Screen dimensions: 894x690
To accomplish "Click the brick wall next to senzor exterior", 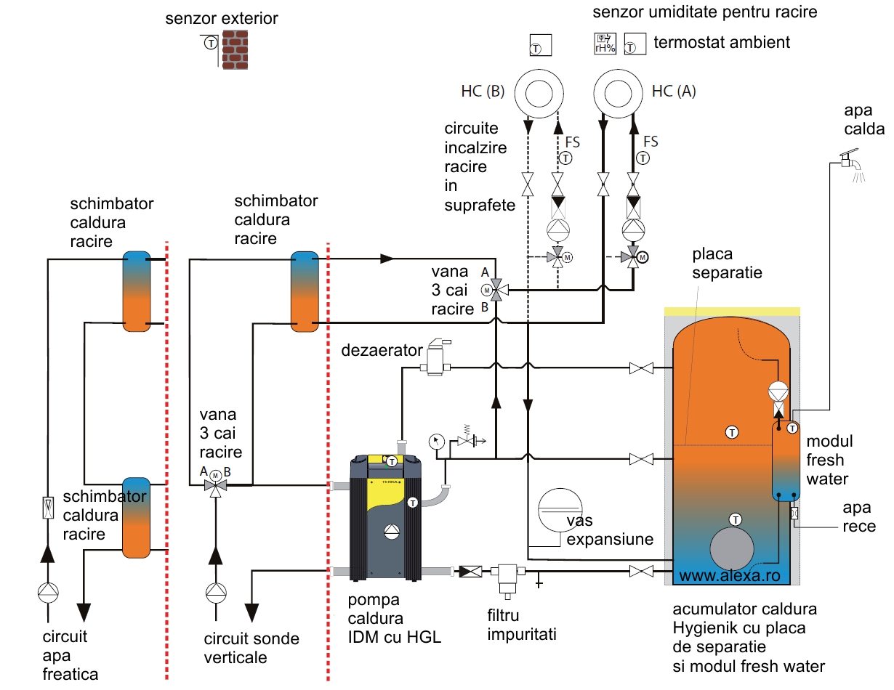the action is pos(235,49).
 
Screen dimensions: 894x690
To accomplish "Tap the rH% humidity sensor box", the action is pos(605,44).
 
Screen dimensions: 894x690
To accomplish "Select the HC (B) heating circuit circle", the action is pos(539,93).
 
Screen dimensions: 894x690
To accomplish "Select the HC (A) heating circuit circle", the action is pos(618,93).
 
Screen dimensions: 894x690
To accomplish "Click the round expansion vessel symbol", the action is pos(560,511).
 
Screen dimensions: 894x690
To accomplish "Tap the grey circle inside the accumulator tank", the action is pos(732,548).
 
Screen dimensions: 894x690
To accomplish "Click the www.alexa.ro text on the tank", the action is pos(730,575).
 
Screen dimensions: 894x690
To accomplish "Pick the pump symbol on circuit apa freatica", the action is pos(48,593).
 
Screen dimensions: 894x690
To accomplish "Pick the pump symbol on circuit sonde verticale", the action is pos(216,593).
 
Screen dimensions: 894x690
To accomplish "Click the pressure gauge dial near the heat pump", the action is pos(437,442).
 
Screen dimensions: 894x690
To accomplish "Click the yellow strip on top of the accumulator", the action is pos(733,312).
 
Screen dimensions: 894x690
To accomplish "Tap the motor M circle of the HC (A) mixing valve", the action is pos(643,257).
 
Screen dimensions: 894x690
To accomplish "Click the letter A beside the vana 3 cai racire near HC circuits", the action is pos(485,272).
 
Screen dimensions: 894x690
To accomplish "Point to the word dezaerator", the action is pos(382,351).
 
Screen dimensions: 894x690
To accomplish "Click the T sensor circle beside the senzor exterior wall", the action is pos(211,43).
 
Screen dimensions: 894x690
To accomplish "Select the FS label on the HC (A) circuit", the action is pos(651,142).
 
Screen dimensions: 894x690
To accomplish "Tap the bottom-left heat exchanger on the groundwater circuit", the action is pos(136,517).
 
